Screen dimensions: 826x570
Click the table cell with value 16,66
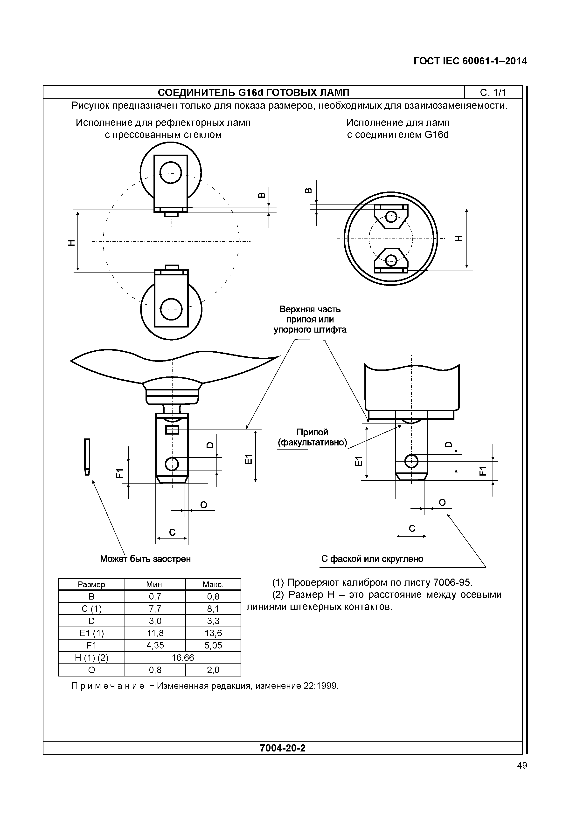click(x=183, y=657)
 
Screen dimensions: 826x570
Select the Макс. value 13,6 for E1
click(x=213, y=633)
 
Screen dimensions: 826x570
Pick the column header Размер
click(x=91, y=584)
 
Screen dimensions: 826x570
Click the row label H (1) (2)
click(x=91, y=657)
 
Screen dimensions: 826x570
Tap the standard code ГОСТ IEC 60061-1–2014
click(x=470, y=61)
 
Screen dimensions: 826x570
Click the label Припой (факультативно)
click(x=313, y=438)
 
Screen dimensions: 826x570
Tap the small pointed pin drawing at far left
click(x=87, y=457)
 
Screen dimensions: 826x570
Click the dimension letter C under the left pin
click(x=172, y=532)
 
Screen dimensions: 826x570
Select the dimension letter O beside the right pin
click(x=442, y=503)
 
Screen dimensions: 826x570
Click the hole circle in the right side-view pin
click(x=411, y=461)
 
